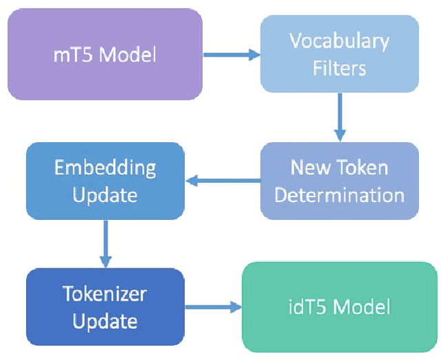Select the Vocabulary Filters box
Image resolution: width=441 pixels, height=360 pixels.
click(338, 54)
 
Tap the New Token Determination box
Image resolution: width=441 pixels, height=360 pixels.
click(339, 181)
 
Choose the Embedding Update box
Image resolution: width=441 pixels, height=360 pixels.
click(105, 181)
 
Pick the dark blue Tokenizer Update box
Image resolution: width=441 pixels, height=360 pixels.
click(105, 307)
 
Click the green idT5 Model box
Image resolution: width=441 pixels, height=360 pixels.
click(339, 307)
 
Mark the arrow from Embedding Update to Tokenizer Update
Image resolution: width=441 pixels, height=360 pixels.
click(105, 243)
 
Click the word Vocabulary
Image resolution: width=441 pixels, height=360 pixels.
click(338, 41)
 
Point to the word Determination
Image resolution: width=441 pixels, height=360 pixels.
click(339, 194)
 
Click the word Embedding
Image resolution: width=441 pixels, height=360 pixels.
click(105, 168)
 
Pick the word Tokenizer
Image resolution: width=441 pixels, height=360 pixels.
click(105, 294)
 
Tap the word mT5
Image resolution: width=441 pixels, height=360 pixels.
click(72, 54)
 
